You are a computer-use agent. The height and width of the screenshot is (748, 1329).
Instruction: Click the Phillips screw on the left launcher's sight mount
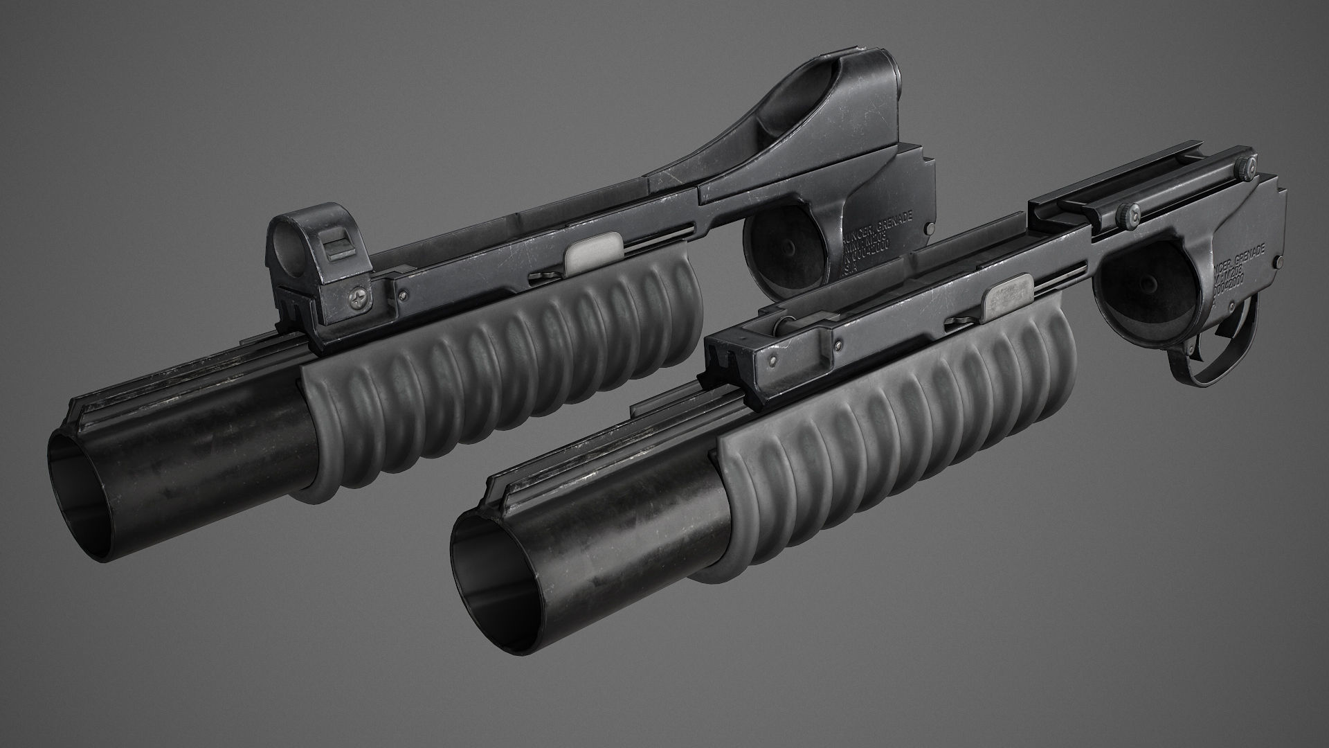[x=360, y=299]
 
